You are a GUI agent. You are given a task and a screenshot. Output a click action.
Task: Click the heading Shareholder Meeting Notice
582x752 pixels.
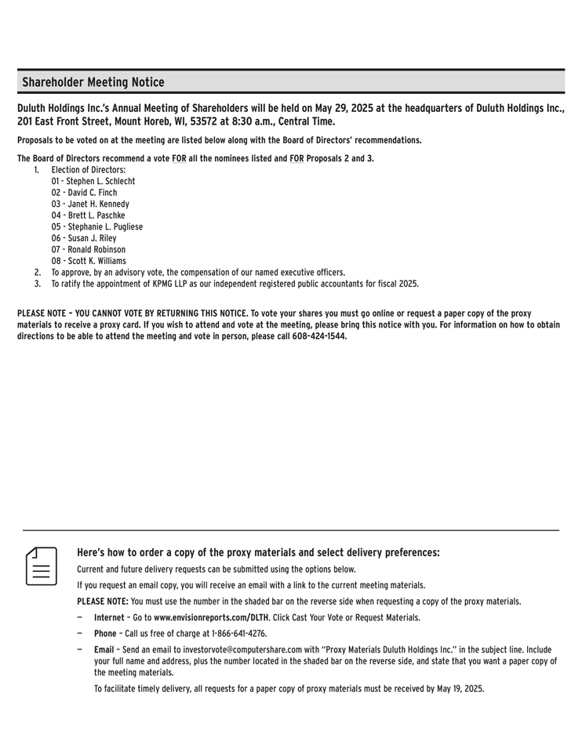[93, 82]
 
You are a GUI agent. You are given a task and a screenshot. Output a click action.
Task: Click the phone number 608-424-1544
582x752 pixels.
[319, 337]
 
